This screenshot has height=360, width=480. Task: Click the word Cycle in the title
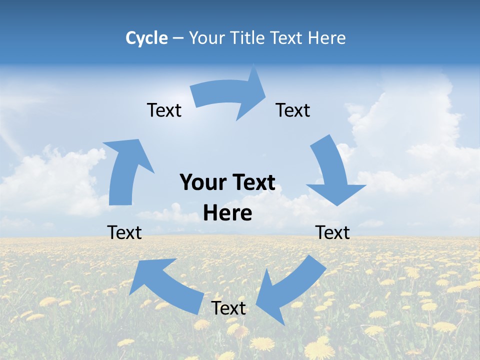pyautogui.click(x=146, y=38)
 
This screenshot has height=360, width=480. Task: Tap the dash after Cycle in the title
pyautogui.click(x=177, y=38)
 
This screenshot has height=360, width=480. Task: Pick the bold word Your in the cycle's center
pyautogui.click(x=201, y=182)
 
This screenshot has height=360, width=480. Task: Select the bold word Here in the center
pyautogui.click(x=227, y=213)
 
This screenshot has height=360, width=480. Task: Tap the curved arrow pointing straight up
pyautogui.click(x=125, y=172)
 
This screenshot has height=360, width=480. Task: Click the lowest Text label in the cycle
pyautogui.click(x=228, y=308)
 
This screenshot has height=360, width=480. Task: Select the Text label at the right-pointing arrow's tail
pyautogui.click(x=164, y=110)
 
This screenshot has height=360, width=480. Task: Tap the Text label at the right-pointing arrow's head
pyautogui.click(x=293, y=110)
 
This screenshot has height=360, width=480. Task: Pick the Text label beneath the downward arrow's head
pyautogui.click(x=332, y=232)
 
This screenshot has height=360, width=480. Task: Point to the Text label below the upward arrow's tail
pyautogui.click(x=124, y=232)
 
